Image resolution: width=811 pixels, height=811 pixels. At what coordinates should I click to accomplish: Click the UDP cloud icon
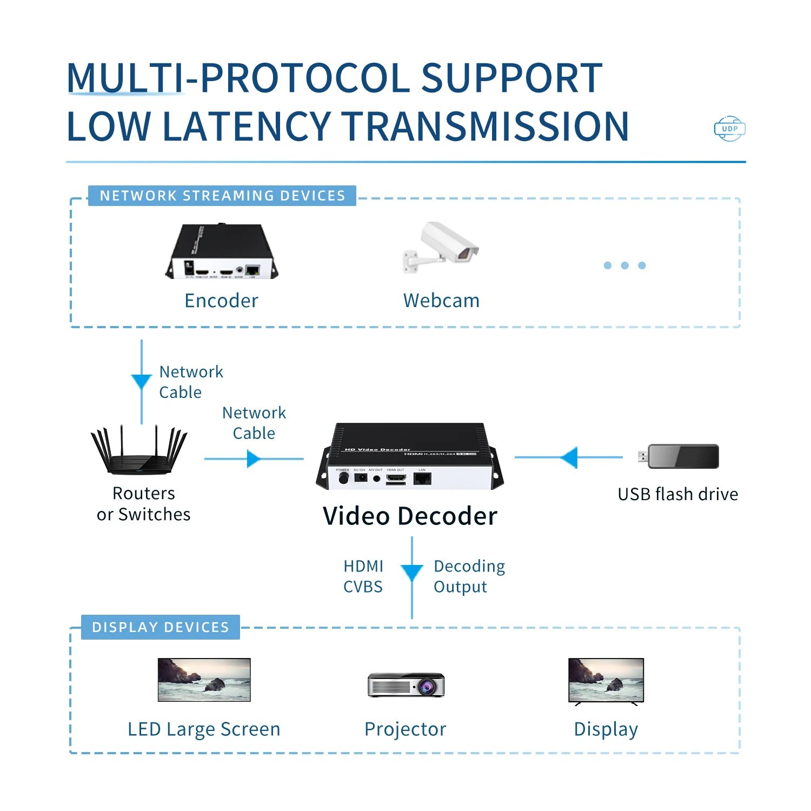pos(729,129)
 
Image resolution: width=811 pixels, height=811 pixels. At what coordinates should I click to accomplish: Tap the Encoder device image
pos(222,251)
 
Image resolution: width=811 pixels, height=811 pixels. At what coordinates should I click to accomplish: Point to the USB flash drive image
pos(680,457)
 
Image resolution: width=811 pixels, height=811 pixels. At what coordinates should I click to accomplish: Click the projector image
pos(406,685)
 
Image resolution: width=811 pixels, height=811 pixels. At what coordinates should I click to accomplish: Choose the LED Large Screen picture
pos(204,680)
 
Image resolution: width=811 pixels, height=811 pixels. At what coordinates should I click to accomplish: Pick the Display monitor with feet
pos(606,681)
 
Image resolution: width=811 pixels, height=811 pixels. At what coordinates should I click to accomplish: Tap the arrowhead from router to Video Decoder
pos(253,459)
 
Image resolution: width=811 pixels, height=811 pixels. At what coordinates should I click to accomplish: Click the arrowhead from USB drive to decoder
pos(570,457)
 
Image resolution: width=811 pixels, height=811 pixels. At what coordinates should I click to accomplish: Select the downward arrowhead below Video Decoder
pos(412,573)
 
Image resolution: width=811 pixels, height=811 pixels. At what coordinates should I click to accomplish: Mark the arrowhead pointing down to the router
pos(142,381)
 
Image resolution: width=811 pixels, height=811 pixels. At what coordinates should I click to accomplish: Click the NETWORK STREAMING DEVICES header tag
pos(222,196)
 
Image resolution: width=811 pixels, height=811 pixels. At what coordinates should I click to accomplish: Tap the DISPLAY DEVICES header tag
pos(161,627)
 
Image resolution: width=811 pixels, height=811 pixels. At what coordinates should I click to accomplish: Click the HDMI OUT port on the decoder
pos(396,478)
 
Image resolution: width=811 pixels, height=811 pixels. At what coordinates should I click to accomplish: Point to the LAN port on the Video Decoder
pos(422,478)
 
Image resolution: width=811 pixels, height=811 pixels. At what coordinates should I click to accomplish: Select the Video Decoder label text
pos(410,516)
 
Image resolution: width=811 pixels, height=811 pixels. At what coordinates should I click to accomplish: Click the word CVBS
pos(363,587)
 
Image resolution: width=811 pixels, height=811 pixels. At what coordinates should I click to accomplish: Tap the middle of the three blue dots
pos(625,265)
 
